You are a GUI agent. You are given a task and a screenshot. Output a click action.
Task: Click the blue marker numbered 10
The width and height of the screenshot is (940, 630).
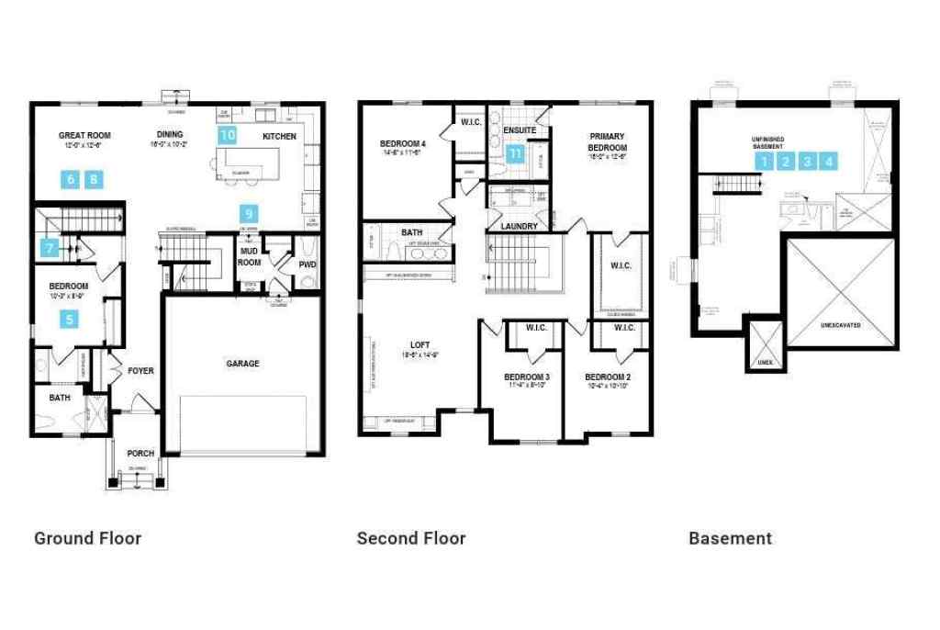click(227, 135)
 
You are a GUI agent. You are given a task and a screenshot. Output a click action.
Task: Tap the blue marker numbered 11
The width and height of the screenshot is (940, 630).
click(515, 153)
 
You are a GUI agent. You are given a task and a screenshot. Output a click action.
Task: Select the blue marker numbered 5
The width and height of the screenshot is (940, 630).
click(69, 319)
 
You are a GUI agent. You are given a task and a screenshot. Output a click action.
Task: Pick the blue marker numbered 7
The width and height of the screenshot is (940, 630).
click(49, 246)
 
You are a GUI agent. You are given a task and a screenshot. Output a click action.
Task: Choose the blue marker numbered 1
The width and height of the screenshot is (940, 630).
click(764, 162)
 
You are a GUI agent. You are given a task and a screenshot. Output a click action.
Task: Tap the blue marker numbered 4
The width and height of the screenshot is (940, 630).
click(830, 162)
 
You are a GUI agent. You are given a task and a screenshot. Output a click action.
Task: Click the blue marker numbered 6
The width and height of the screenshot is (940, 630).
click(71, 179)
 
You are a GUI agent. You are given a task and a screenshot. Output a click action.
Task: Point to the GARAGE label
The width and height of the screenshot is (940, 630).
click(242, 364)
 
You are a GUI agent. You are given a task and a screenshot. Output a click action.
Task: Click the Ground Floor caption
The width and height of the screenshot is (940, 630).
click(88, 538)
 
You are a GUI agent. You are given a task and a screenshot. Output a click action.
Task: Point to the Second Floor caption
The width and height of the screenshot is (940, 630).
click(411, 538)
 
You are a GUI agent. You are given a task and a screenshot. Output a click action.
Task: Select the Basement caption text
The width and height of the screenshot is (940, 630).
click(730, 538)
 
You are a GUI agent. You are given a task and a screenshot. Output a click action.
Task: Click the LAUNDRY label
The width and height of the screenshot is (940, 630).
click(519, 226)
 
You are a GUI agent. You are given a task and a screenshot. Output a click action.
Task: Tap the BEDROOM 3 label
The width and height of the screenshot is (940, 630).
click(527, 377)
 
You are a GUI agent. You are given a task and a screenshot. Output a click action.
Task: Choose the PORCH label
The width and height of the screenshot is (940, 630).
click(140, 454)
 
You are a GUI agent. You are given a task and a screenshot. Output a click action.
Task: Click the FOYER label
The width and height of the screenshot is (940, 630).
click(140, 371)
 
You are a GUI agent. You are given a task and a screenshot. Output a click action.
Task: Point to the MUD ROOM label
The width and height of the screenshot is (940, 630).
click(249, 255)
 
